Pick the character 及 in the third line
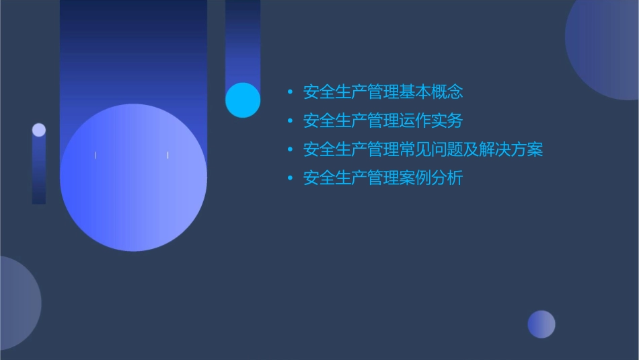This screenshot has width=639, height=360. click(471, 149)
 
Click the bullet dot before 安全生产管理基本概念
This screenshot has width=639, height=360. click(290, 92)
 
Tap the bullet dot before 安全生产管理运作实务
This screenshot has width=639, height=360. click(290, 121)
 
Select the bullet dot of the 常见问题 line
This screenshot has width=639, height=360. click(290, 149)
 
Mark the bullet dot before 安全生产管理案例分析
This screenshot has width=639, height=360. click(290, 178)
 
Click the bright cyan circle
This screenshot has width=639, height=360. click(243, 100)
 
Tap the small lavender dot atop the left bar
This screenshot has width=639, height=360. click(39, 130)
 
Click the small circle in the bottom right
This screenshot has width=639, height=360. click(541, 324)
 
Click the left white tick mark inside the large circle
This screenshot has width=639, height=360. click(96, 155)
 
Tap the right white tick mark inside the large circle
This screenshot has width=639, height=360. click(167, 155)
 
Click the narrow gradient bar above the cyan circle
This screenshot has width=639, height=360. click(243, 40)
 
